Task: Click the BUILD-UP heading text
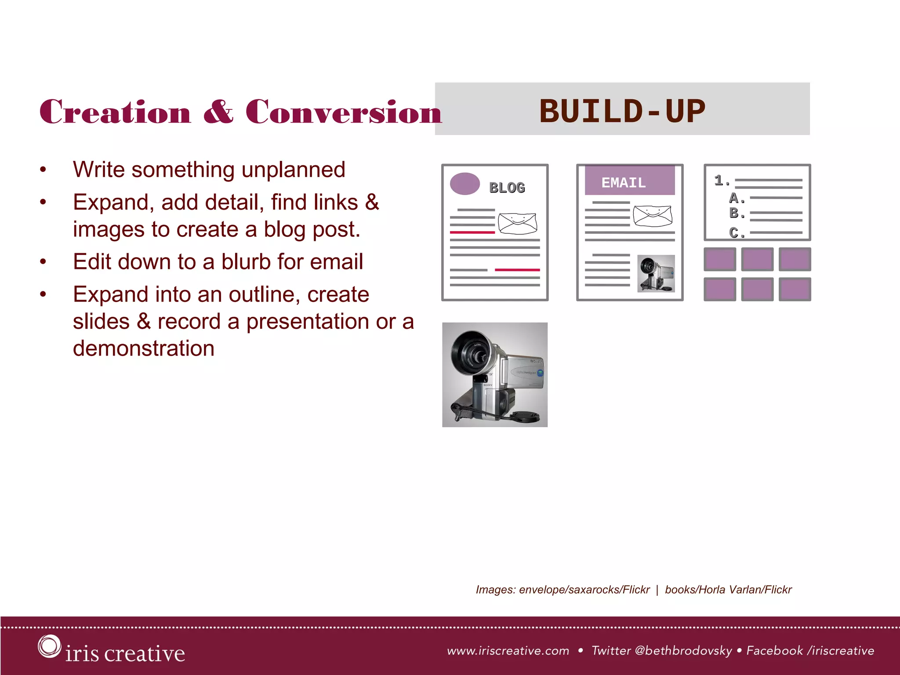pos(622,111)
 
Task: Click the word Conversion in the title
pos(343,112)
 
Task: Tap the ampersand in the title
pos(218,112)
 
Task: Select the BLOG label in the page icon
pos(507,188)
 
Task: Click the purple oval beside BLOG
pos(465,184)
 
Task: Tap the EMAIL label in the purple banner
pos(623,183)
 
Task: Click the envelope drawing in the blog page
pos(517,223)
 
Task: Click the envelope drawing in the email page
pos(653,215)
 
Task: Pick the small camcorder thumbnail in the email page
pos(656,273)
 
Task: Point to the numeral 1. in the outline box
pos(722,180)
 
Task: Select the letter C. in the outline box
pos(737,232)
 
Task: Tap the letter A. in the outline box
pos(737,198)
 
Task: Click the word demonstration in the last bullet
pos(144,348)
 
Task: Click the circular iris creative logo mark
pos(49,646)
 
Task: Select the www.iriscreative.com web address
pos(508,651)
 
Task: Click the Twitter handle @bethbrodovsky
pos(683,651)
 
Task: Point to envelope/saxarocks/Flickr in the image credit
pos(584,590)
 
